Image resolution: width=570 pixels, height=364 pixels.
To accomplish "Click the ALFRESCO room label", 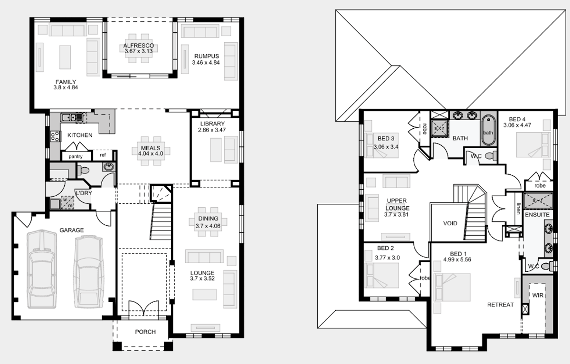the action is click(139, 46).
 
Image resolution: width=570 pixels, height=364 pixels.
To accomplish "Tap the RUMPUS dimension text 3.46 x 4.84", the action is click(206, 63).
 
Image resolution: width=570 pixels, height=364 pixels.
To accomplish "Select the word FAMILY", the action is click(66, 82).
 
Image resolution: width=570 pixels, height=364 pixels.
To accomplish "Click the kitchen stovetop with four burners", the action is click(55, 136).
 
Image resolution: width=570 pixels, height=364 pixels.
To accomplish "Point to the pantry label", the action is click(76, 156).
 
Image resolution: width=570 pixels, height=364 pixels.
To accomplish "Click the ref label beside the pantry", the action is click(103, 155).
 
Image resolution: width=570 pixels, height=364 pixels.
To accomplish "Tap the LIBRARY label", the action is click(212, 124).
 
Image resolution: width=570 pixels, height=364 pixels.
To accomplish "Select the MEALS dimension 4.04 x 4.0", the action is click(151, 153).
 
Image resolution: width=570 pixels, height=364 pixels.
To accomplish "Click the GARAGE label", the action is click(72, 230).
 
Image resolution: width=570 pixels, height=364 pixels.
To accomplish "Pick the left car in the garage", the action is click(42, 269).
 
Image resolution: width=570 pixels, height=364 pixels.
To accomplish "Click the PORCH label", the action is click(145, 332).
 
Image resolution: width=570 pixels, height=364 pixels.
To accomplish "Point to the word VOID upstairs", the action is click(450, 223).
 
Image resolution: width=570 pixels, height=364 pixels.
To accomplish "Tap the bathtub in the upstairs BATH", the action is click(488, 130).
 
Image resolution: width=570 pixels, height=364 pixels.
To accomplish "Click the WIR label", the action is click(538, 295).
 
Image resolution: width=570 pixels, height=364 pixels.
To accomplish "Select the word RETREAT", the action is click(500, 305).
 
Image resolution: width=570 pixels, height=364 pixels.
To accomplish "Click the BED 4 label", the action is click(517, 119).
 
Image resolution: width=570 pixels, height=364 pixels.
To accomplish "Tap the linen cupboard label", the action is click(518, 208).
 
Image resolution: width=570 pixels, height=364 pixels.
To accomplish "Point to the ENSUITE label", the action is click(537, 215).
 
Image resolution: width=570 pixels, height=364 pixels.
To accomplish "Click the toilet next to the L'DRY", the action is click(83, 170).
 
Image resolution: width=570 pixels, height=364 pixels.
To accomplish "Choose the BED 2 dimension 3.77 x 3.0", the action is click(387, 258).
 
